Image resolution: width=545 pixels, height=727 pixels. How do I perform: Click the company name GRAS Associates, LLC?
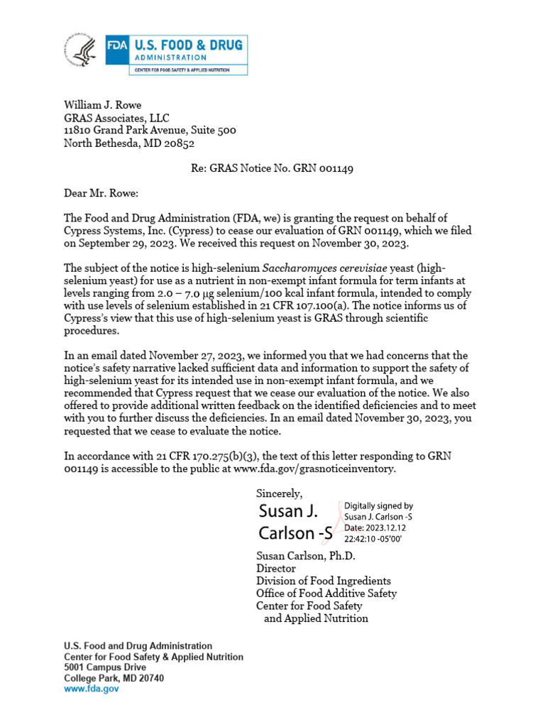[x=116, y=118]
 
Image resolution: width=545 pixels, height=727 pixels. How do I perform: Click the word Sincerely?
[x=279, y=493]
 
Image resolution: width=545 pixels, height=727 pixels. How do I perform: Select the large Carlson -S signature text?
[x=295, y=533]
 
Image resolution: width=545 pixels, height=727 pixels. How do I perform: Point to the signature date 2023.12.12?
[x=387, y=529]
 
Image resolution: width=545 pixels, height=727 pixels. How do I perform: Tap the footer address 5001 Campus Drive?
[x=105, y=668]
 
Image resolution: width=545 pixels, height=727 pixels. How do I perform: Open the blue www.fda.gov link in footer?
[x=92, y=689]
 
